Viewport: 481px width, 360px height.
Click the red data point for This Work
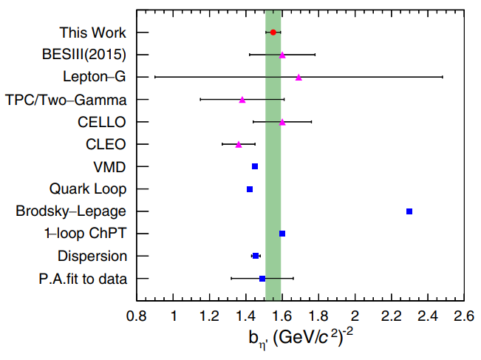tap(273, 33)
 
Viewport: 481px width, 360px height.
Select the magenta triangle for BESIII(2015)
tap(282, 55)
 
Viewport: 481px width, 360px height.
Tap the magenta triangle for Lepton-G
tap(299, 77)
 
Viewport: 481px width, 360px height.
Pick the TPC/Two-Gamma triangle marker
tap(242, 99)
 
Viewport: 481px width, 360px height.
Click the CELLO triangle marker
tap(282, 122)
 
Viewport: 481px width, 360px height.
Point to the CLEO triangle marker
tap(239, 144)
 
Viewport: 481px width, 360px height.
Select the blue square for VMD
tap(255, 166)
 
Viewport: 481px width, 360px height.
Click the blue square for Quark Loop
tap(250, 189)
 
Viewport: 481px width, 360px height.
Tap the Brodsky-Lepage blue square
tap(409, 211)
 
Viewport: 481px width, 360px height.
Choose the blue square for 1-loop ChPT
tap(282, 234)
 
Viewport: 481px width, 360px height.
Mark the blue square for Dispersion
tap(256, 256)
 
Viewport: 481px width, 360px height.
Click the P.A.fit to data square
tap(262, 279)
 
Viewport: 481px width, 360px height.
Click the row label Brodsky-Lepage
tap(71, 211)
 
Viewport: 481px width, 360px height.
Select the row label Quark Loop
tap(88, 189)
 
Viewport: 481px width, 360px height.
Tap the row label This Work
tap(93, 33)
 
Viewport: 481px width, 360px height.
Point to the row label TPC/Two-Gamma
tap(66, 99)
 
